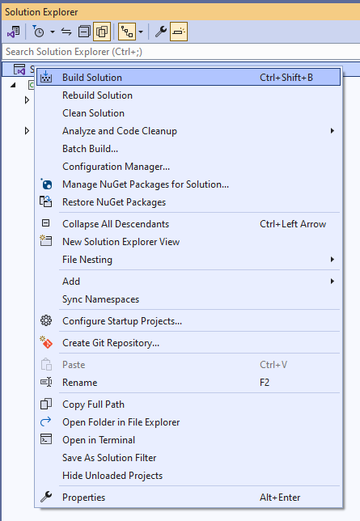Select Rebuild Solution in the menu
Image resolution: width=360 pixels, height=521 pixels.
97,95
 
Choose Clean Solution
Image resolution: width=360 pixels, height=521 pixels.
93,113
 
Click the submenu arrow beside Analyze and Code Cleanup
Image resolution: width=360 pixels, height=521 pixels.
332,131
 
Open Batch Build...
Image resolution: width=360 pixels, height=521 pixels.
90,149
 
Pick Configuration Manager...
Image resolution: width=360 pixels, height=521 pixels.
116,167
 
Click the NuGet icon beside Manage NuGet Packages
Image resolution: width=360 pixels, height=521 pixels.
46,184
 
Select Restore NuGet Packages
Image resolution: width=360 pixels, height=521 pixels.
114,202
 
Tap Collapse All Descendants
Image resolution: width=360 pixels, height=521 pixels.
116,224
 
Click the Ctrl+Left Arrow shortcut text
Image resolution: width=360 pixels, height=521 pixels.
293,224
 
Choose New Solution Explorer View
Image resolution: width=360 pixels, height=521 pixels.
121,242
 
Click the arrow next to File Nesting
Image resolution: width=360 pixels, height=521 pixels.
332,260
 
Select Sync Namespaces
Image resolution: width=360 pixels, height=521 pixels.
101,299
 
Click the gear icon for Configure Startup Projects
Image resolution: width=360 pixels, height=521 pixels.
46,320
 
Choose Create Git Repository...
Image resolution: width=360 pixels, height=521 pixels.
111,342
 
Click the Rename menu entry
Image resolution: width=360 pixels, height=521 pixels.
80,383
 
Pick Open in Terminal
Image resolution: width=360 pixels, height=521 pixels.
99,440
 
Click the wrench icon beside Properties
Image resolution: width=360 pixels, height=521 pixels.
46,497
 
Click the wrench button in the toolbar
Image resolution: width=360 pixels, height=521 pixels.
161,32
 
